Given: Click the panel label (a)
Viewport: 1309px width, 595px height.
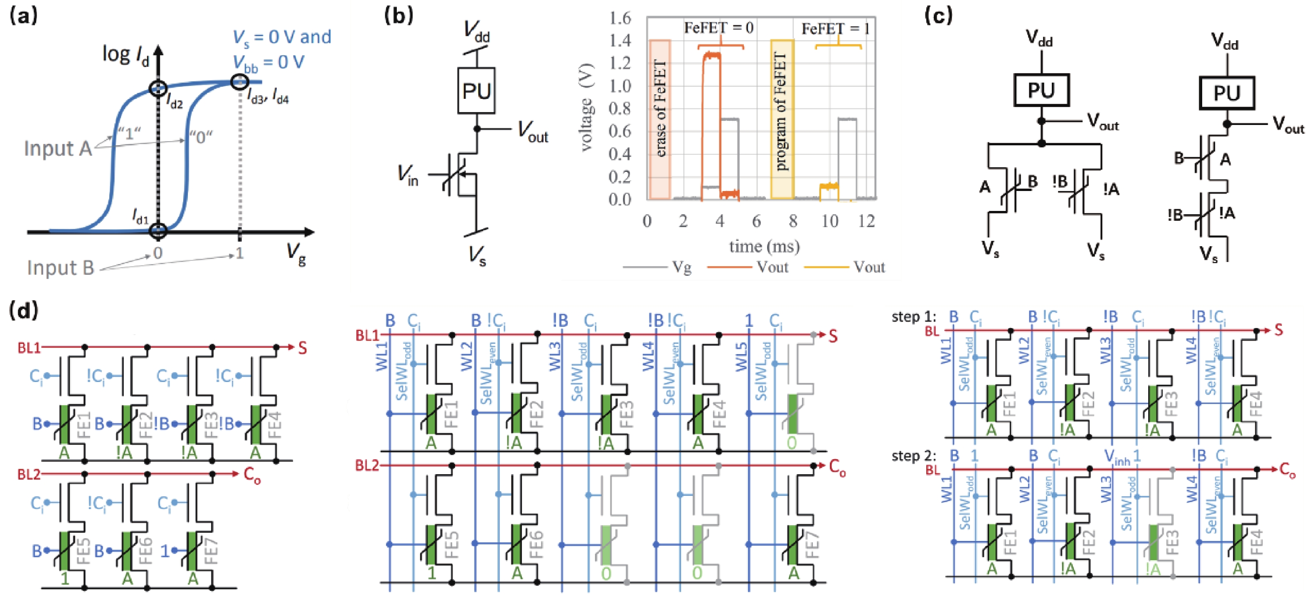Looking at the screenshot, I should click(x=23, y=16).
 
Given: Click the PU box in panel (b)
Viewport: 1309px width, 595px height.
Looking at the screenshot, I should click(x=476, y=91).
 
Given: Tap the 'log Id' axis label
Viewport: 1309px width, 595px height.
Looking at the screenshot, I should click(x=125, y=55).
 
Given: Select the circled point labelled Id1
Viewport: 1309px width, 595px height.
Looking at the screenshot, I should click(x=158, y=230).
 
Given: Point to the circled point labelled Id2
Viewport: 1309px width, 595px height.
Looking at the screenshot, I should click(x=158, y=88).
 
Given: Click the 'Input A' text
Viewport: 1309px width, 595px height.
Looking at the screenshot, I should click(x=57, y=149).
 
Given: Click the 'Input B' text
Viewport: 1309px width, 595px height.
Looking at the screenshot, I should click(x=61, y=267).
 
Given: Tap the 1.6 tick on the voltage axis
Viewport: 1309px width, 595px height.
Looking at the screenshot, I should click(x=620, y=18).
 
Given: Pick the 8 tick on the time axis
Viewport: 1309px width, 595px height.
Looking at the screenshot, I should click(x=793, y=221).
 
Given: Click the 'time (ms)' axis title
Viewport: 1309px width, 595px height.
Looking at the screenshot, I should click(x=764, y=246).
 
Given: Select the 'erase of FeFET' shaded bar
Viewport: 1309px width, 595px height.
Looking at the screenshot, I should click(x=660, y=119).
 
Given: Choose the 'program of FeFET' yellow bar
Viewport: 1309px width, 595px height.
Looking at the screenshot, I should click(x=782, y=119).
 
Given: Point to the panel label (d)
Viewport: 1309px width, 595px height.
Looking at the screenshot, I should click(x=23, y=310).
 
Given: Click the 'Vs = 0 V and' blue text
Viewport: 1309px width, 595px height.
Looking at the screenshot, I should click(x=281, y=37).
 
